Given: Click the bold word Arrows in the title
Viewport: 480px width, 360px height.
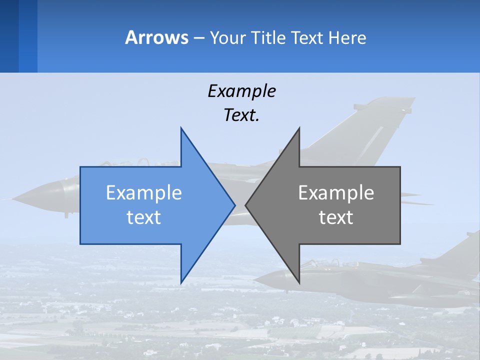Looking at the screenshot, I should (157, 38).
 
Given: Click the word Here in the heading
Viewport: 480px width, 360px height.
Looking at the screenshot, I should (347, 38).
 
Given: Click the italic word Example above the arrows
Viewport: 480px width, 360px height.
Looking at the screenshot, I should (242, 91).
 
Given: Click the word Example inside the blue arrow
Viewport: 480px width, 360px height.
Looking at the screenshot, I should (144, 193).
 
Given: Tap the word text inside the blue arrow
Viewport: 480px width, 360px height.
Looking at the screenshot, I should (144, 217).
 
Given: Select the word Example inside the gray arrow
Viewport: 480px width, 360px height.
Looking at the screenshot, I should (336, 193).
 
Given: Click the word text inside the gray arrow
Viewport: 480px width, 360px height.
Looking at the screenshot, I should (336, 217).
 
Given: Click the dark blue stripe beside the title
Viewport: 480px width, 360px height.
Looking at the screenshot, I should (9, 36).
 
